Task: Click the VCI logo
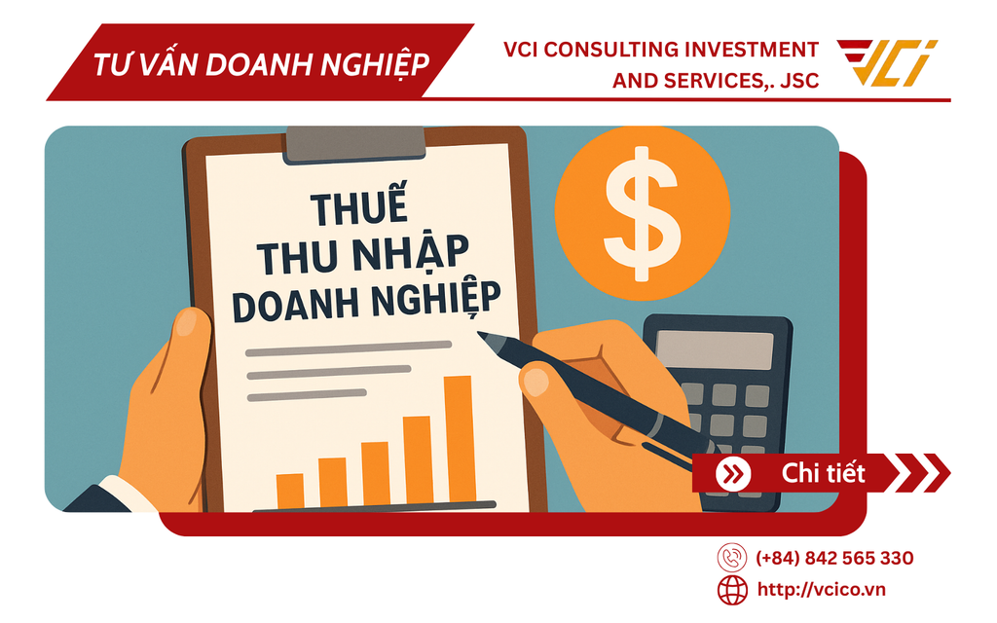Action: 887,63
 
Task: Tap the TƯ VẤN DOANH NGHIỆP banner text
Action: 261,64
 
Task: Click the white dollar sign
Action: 642,209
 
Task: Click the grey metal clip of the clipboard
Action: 355,142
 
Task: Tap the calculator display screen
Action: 715,349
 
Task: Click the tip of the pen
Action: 480,335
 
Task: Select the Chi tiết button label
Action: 824,474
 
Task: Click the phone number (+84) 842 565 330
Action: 834,559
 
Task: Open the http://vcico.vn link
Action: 821,589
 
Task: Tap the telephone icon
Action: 732,559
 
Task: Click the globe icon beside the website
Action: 732,589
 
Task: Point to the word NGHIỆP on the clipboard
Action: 437,299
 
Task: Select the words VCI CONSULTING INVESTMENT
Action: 661,50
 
